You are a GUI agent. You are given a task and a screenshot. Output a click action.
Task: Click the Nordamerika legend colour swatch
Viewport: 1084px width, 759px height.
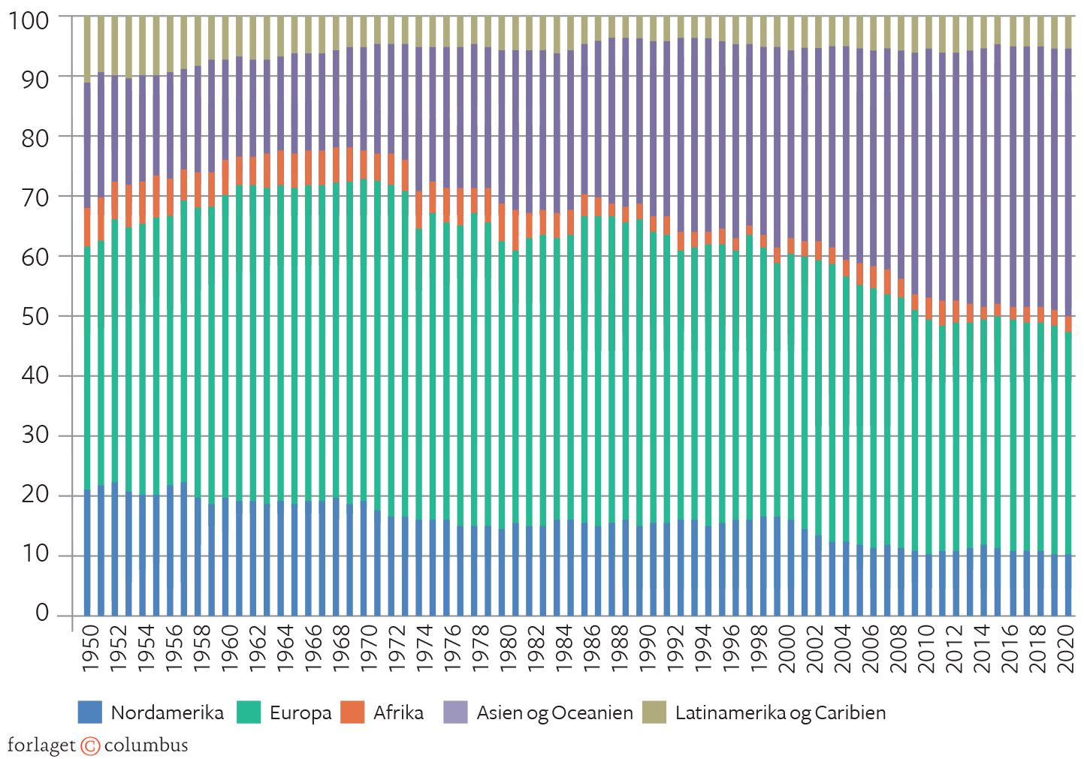point(89,712)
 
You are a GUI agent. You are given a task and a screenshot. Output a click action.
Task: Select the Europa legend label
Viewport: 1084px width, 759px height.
point(300,713)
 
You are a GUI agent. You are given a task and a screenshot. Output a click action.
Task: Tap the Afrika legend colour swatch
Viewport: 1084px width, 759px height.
point(352,712)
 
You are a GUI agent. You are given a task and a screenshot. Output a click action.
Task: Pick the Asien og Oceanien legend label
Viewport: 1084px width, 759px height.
point(554,713)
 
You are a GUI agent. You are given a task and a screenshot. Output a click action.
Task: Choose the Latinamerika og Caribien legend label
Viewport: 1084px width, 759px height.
point(780,713)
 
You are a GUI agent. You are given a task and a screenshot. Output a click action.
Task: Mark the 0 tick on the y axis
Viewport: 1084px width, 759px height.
point(41,613)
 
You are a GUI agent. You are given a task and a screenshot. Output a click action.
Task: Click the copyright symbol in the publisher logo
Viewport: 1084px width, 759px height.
point(90,745)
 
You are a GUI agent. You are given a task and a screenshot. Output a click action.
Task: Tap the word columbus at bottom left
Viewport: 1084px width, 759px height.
point(146,745)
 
